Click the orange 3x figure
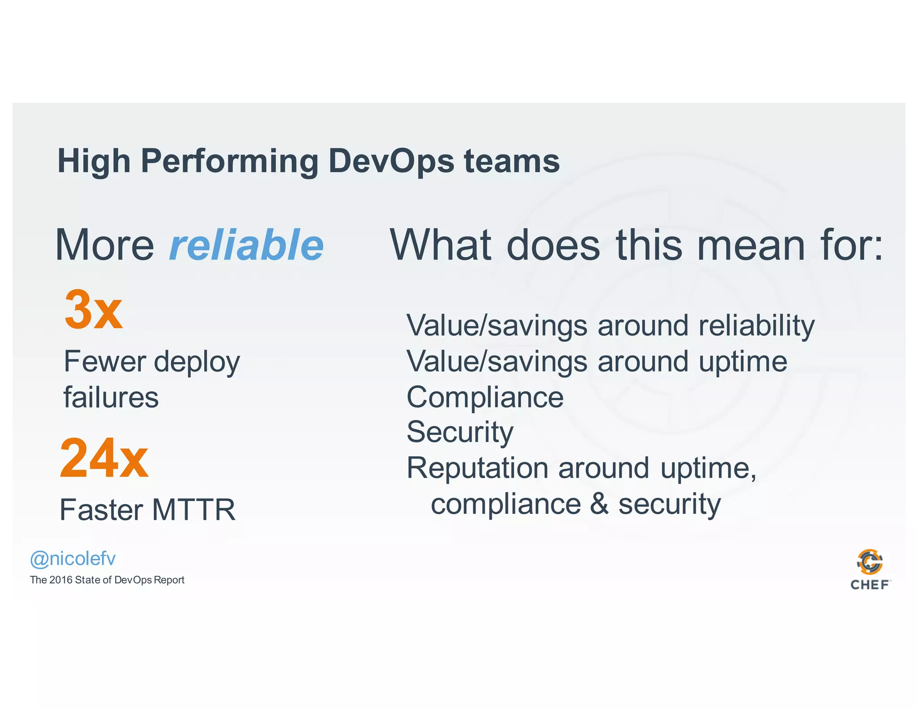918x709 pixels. tap(93, 310)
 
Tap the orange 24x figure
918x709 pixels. tap(104, 458)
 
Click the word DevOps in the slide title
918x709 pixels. tap(391, 161)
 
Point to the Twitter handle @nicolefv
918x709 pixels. tap(73, 559)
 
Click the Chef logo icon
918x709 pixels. tap(870, 562)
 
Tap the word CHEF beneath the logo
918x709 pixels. tap(870, 585)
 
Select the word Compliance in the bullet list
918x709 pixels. tap(485, 398)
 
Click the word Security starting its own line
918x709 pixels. tap(460, 432)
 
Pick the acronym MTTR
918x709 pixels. tap(194, 510)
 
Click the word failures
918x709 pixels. tap(111, 398)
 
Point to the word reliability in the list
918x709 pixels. tap(757, 326)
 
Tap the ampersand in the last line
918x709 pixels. tap(599, 504)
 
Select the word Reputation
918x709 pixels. tap(477, 468)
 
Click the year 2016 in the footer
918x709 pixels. tap(61, 580)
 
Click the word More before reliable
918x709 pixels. tap(104, 245)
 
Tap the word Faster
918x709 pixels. tap(101, 510)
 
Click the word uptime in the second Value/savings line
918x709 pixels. tap(743, 362)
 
